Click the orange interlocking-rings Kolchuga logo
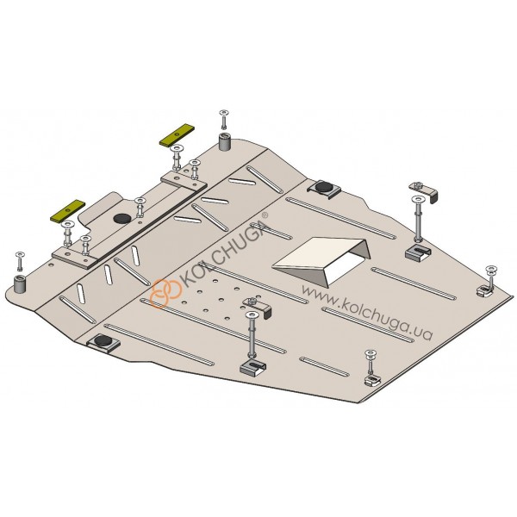tap(165, 293)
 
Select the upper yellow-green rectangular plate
tap(177, 135)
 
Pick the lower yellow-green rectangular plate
tap(67, 210)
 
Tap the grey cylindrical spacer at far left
tap(20, 283)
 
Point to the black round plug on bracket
tap(122, 218)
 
